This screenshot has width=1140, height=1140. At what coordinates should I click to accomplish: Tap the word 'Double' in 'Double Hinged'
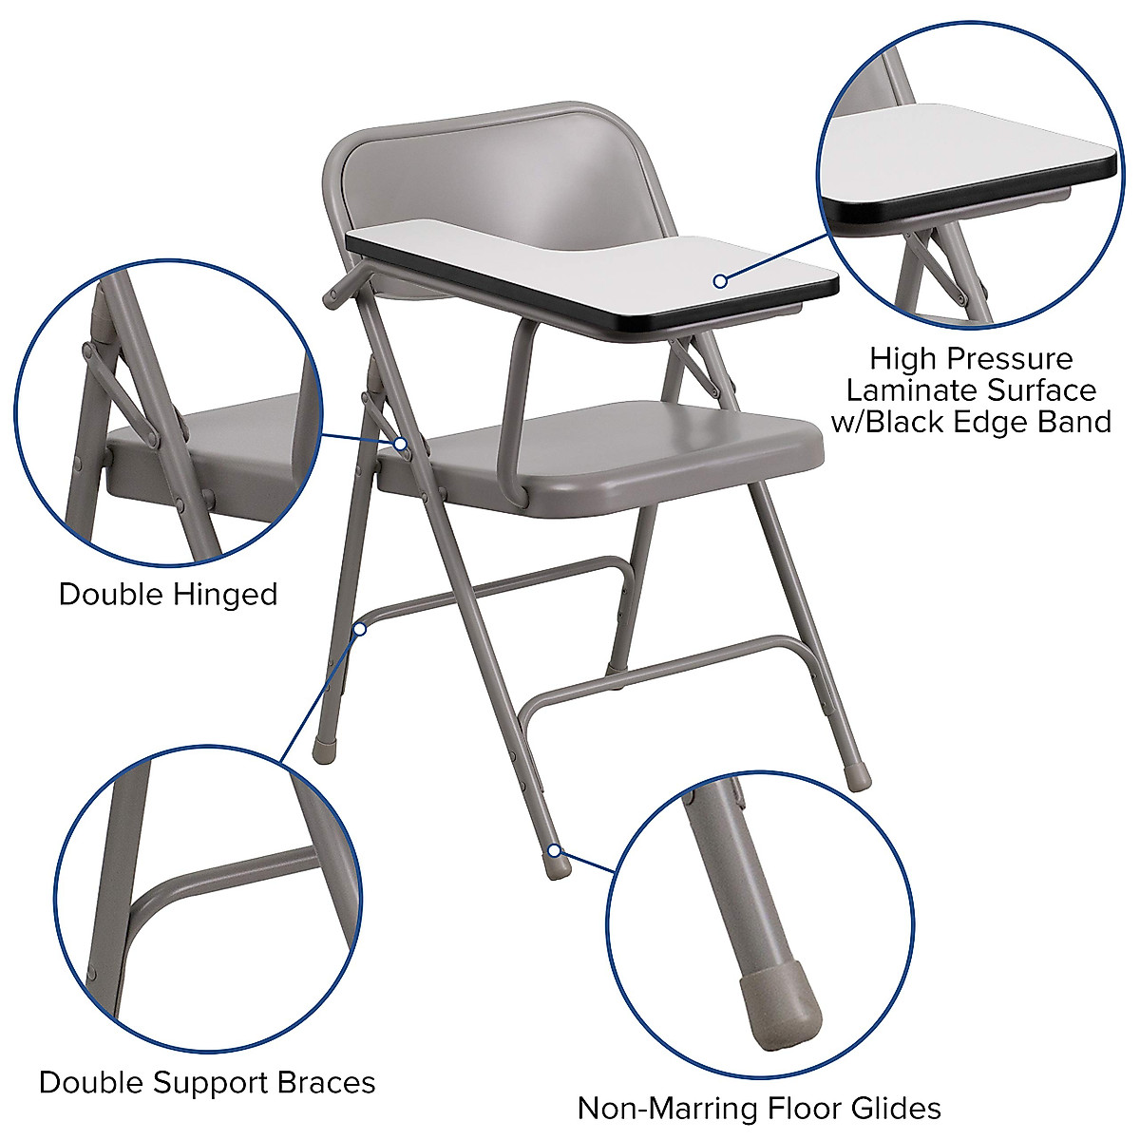point(111,595)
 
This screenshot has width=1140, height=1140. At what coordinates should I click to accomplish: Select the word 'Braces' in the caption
point(326,1082)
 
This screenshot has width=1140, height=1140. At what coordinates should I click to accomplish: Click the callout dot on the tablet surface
point(720,280)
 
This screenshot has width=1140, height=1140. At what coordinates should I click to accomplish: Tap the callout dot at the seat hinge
point(402,444)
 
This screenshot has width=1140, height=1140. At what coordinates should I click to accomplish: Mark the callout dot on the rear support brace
point(360,628)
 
